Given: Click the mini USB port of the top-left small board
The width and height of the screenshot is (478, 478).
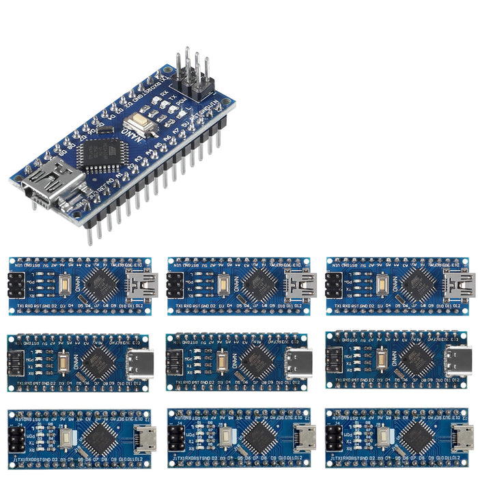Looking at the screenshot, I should click(x=145, y=285).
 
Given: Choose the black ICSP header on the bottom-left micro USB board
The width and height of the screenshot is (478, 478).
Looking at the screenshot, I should click(x=16, y=438).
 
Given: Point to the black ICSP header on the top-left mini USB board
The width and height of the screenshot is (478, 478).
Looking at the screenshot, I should click(x=16, y=285).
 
